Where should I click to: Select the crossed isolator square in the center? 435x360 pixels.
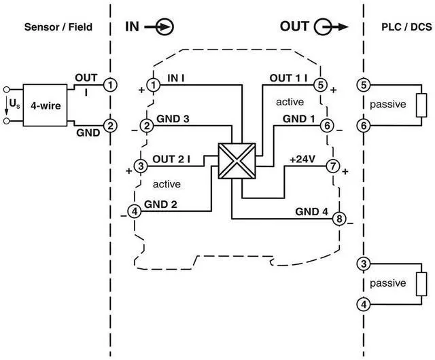tap(234, 161)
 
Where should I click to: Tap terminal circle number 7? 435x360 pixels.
tap(333, 165)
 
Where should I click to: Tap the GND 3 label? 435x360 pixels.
tap(173, 119)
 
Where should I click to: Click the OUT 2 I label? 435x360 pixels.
tap(171, 159)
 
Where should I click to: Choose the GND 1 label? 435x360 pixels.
tap(299, 119)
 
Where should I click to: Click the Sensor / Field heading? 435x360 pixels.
tap(58, 27)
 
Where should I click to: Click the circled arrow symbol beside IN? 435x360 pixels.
tap(164, 27)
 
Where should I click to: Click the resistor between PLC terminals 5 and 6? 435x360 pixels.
tap(421, 105)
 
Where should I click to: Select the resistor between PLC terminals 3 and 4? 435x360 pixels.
tap(421, 283)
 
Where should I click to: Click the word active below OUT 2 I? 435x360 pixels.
tap(167, 184)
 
